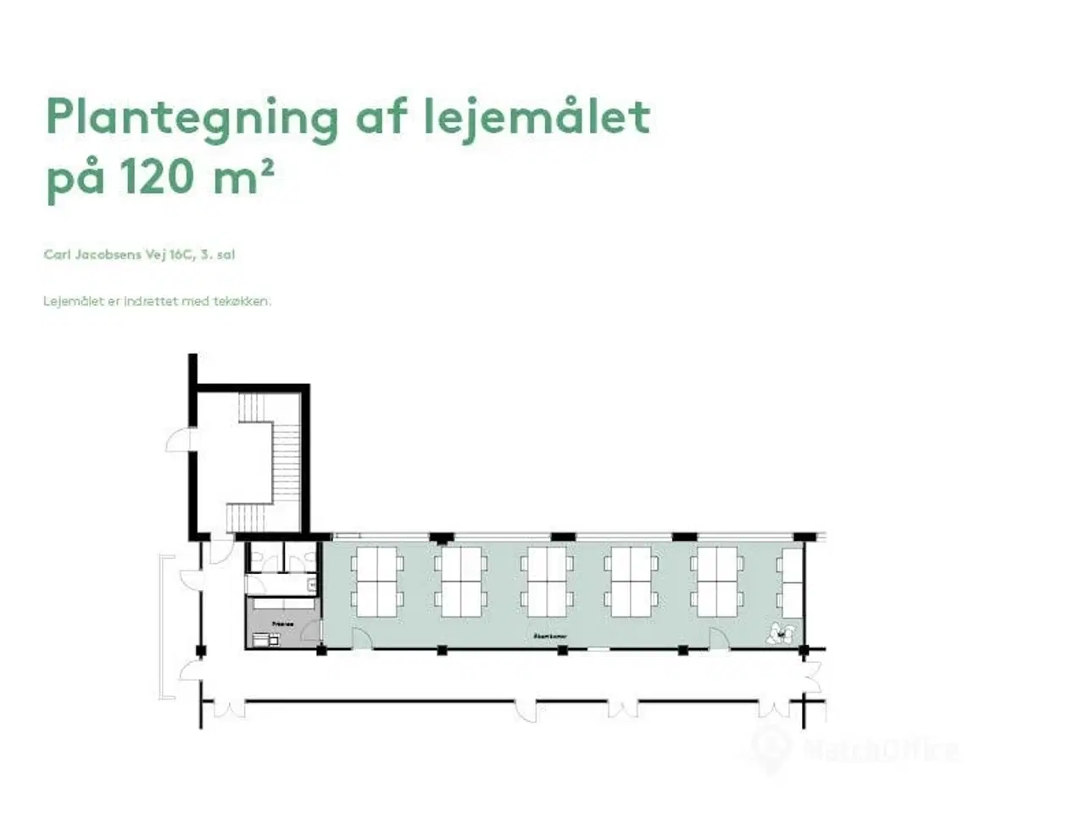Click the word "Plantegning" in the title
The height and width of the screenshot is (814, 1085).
click(x=192, y=118)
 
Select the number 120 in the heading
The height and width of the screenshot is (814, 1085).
click(x=157, y=178)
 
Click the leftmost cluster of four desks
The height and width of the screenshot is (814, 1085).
click(x=377, y=582)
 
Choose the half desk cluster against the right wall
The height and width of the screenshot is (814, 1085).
click(x=792, y=582)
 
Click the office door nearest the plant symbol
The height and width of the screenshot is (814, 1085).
click(x=719, y=638)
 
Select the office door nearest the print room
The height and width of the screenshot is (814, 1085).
click(x=362, y=639)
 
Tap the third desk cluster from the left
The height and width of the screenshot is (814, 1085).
click(x=547, y=582)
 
